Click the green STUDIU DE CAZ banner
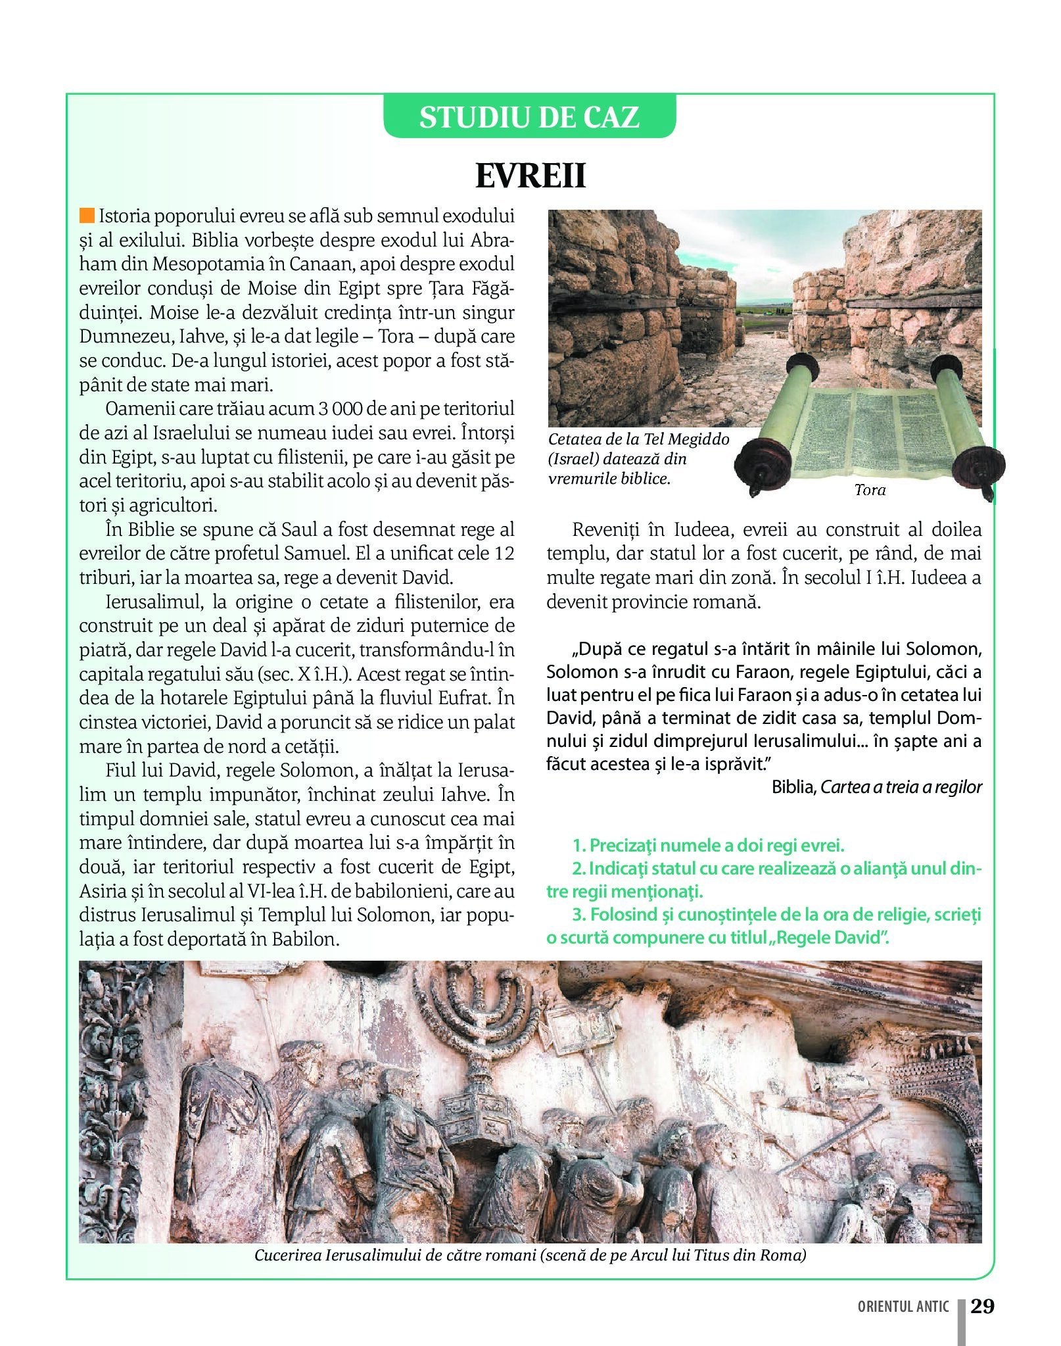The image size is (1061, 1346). click(529, 117)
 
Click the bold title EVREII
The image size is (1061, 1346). click(530, 176)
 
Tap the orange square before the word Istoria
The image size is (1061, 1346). click(87, 216)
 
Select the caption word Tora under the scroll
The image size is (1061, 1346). click(870, 490)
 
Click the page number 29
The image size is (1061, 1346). click(982, 1306)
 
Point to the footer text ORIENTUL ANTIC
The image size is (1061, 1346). click(903, 1307)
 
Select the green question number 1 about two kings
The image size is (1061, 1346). click(708, 846)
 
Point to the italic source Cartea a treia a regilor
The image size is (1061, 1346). click(901, 787)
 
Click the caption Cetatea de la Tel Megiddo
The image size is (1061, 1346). click(638, 439)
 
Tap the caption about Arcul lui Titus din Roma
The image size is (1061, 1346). click(530, 1255)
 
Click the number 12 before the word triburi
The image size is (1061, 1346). click(504, 554)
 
